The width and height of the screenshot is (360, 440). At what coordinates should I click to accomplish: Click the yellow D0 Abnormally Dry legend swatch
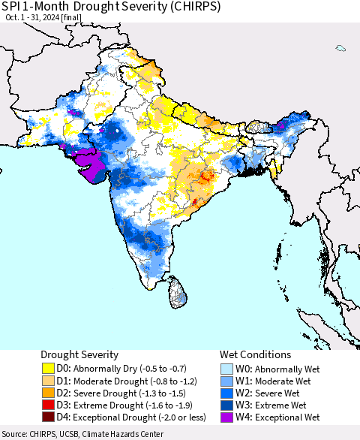click(49, 369)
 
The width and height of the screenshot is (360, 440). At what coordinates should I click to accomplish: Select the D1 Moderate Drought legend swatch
click(49, 381)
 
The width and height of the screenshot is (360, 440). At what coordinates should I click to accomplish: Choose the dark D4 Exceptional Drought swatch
click(49, 417)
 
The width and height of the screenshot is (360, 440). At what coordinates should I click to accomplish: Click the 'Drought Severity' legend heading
click(79, 354)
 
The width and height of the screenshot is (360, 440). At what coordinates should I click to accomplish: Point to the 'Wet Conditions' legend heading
click(254, 354)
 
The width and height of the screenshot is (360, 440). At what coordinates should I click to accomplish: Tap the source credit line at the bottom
click(83, 434)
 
